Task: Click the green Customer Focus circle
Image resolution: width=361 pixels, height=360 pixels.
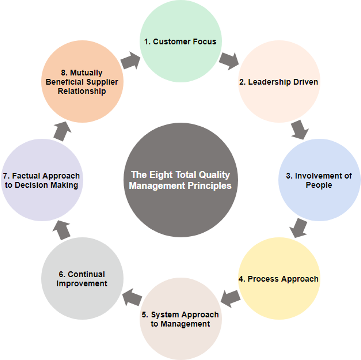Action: click(x=180, y=41)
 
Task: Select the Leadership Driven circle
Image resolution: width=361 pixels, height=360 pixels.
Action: click(x=279, y=82)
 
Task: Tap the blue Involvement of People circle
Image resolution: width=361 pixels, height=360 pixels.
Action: click(x=319, y=180)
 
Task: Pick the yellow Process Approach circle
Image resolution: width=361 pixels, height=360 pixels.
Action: click(x=279, y=279)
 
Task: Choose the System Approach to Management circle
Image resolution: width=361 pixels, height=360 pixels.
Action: click(x=180, y=319)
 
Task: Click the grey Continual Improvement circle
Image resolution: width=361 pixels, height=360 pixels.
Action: click(x=82, y=279)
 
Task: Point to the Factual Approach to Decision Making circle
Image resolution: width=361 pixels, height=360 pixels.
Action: click(x=42, y=180)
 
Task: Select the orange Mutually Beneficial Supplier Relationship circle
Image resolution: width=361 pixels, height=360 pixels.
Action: click(x=82, y=82)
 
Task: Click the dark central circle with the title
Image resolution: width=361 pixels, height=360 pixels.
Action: click(x=180, y=180)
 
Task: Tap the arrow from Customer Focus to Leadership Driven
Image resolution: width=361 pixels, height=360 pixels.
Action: click(x=229, y=60)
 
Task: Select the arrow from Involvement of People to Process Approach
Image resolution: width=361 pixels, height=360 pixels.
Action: click(x=298, y=228)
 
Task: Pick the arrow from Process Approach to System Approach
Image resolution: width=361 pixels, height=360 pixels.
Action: click(x=230, y=298)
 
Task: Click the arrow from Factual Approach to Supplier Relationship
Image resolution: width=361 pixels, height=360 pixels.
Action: click(x=63, y=131)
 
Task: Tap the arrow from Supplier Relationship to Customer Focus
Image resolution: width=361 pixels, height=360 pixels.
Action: click(x=130, y=61)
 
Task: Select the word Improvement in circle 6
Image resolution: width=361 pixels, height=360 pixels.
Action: click(x=82, y=284)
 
